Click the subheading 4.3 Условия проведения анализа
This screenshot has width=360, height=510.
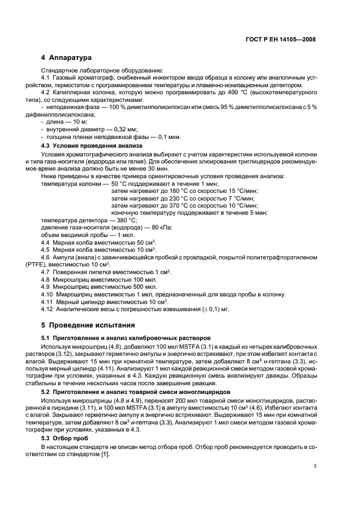tap(92, 146)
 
